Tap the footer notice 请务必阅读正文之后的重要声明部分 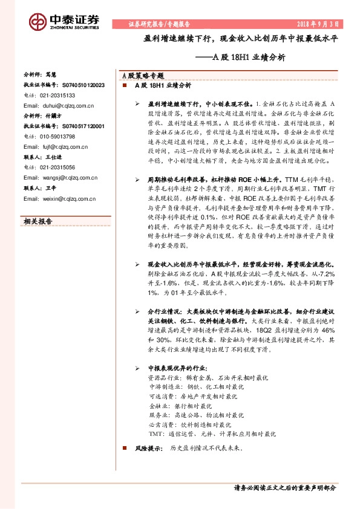284,487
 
